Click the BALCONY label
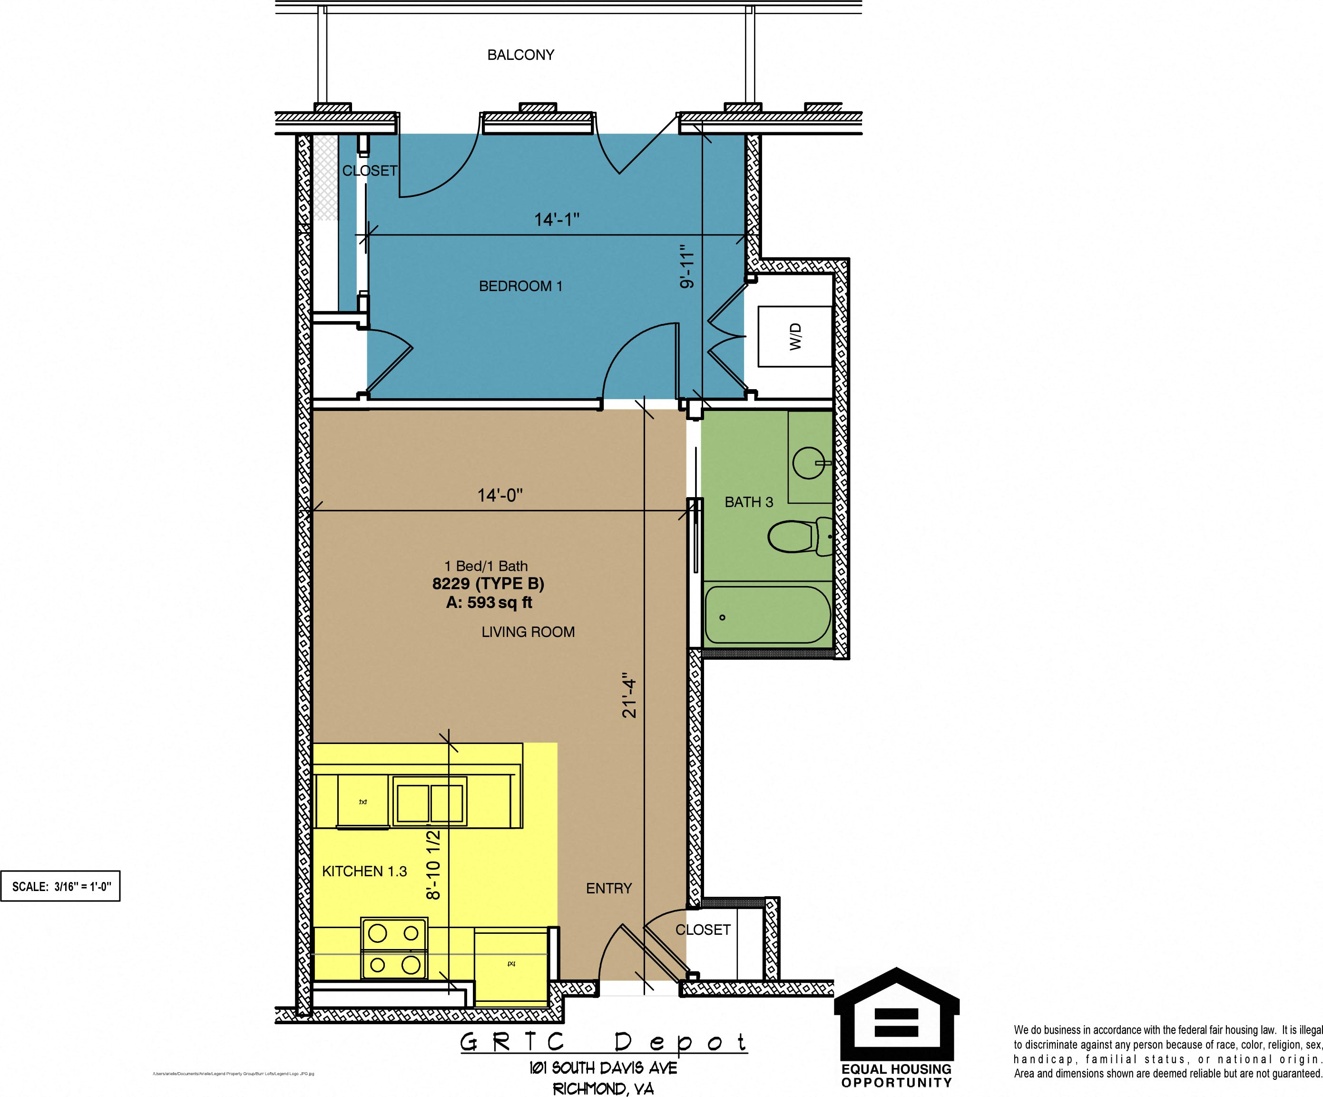(520, 55)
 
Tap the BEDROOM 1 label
(520, 286)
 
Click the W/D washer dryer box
(795, 336)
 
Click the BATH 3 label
(748, 502)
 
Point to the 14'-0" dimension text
(500, 495)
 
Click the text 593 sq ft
(499, 602)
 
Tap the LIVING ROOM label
(528, 632)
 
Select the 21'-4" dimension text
(629, 698)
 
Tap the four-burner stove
(394, 948)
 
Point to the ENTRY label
(608, 889)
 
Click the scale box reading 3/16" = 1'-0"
(60, 887)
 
